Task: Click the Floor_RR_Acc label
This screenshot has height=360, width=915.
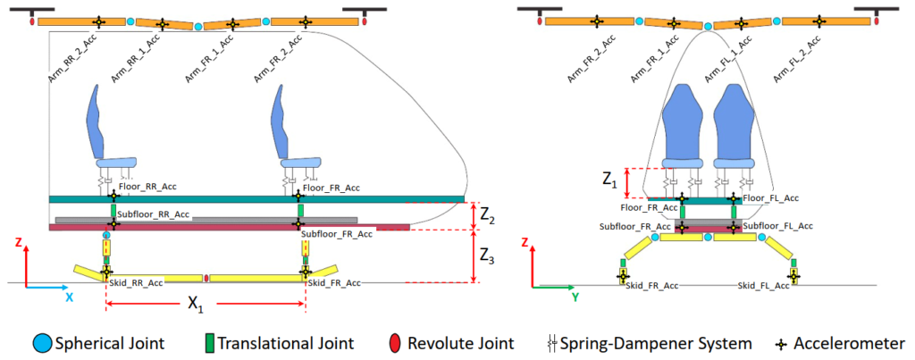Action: pyautogui.click(x=145, y=188)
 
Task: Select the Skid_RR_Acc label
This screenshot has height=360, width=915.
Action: pyautogui.click(x=137, y=282)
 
